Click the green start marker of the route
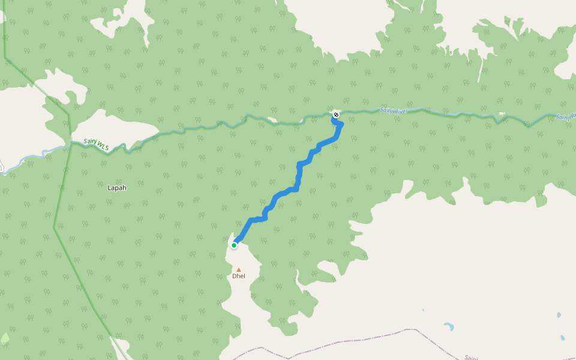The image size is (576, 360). tap(234, 245)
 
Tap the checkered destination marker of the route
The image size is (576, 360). tap(336, 114)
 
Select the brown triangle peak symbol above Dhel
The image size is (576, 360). tap(238, 269)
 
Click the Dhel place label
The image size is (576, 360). tap(239, 276)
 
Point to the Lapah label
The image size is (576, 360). tap(117, 188)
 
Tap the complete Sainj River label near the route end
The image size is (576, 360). tap(397, 111)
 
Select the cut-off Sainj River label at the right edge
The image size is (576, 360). tap(565, 117)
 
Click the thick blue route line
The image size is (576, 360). tap(298, 174)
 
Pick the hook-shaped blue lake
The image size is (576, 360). tap(448, 327)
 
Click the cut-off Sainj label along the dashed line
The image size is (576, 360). tap(470, 358)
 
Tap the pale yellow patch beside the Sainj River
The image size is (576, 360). tap(502, 114)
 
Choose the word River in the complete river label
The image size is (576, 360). tap(406, 111)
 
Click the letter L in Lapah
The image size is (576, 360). tap(109, 188)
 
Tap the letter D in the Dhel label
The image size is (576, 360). tap(235, 276)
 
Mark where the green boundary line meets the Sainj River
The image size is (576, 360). tap(70, 143)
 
